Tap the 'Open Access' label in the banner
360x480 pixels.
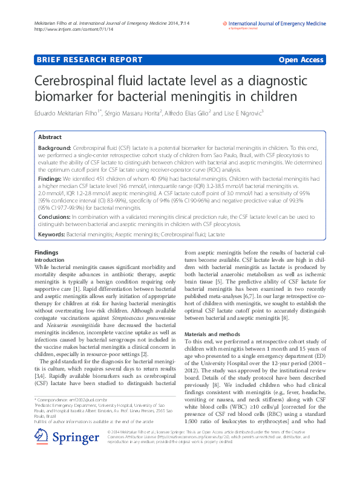click(301, 60)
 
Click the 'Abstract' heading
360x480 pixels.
click(50, 137)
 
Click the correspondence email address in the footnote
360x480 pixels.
click(88, 417)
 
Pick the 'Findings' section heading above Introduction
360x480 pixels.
click(47, 252)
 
